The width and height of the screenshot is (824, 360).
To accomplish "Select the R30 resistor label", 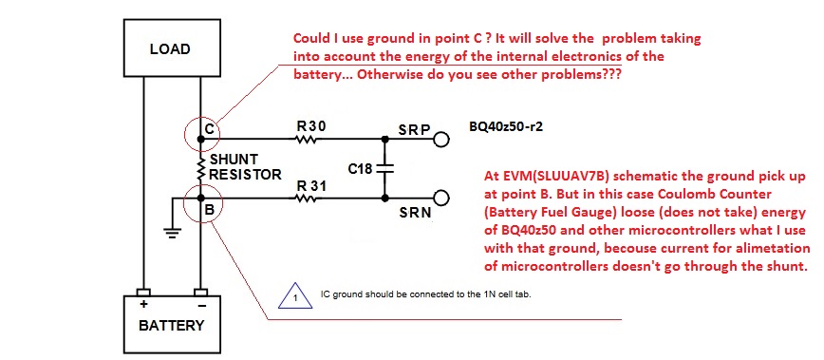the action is [x=311, y=126].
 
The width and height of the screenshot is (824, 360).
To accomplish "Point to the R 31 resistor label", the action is [x=311, y=185].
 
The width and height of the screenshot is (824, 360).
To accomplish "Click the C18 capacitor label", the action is [x=360, y=169].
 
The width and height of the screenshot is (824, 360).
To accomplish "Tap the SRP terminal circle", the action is [x=442, y=140].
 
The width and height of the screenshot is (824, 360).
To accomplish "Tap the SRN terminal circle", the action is [x=442, y=199].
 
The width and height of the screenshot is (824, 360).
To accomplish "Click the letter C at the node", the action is [x=209, y=129].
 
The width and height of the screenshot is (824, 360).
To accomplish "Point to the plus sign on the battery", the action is [x=143, y=304].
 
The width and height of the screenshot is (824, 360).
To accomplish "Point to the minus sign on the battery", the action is [x=200, y=305].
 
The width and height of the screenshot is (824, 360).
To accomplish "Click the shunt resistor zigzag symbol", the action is [x=200, y=166].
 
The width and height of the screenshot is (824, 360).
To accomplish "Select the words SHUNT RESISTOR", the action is [x=246, y=166].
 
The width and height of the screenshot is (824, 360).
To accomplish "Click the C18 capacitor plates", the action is [x=385, y=169].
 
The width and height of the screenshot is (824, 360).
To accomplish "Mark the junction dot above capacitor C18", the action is [x=385, y=140].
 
